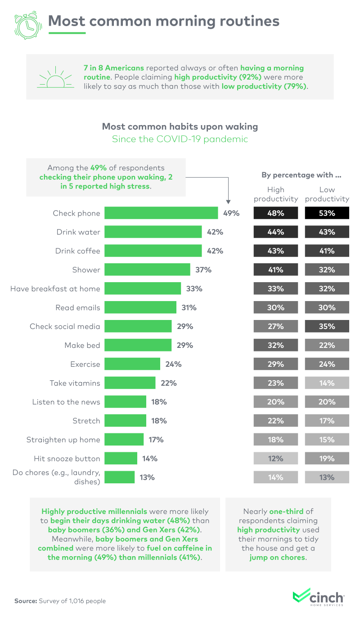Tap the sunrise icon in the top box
55,78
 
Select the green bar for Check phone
161,213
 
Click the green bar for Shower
147,270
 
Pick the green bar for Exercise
132,364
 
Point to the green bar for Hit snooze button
121,459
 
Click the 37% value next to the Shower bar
203,270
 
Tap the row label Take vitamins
75,383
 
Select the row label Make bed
82,345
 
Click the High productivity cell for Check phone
275,213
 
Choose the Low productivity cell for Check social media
327,326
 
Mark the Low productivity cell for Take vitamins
327,383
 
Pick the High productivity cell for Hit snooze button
275,459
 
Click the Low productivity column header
327,194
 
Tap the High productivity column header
276,194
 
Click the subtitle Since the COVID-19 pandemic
180,139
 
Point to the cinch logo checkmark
301,596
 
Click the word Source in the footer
25,601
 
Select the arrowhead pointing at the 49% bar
229,202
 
